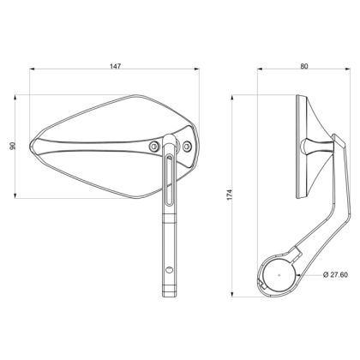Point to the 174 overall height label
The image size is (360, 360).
[x=230, y=195]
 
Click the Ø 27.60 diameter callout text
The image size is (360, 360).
[x=337, y=274]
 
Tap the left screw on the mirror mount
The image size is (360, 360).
[x=153, y=147]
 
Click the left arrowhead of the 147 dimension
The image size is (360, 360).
[x=33, y=72]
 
